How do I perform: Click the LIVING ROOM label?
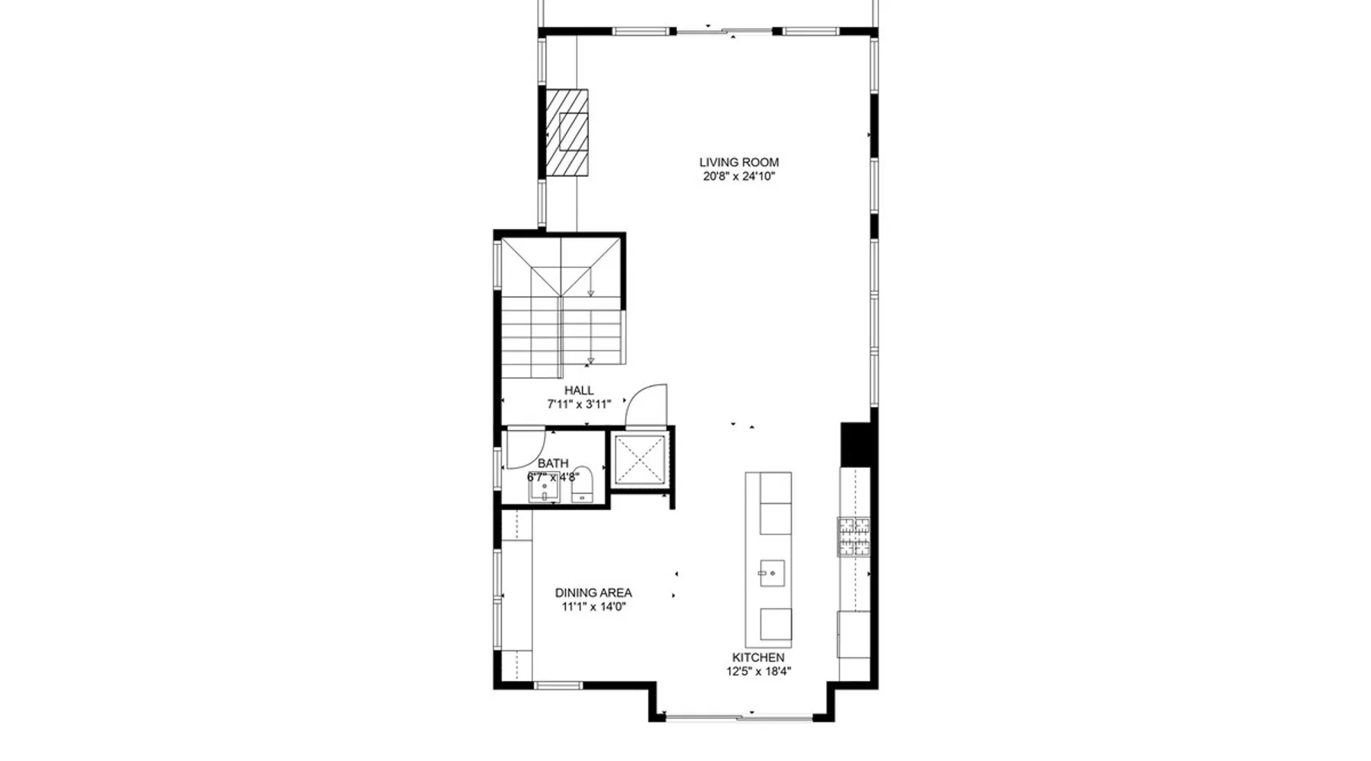pyautogui.click(x=739, y=162)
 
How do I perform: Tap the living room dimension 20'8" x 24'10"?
pyautogui.click(x=739, y=177)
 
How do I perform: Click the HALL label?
pyautogui.click(x=579, y=390)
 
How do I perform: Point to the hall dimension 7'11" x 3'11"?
pyautogui.click(x=579, y=405)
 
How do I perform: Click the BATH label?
pyautogui.click(x=553, y=463)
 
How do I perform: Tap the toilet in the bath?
pyautogui.click(x=582, y=485)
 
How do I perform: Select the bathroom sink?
pyautogui.click(x=544, y=491)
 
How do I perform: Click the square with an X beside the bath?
pyautogui.click(x=640, y=460)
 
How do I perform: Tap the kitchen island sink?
pyautogui.click(x=772, y=573)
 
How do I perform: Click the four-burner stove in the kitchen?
pyautogui.click(x=854, y=537)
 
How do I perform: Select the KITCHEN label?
pyautogui.click(x=758, y=658)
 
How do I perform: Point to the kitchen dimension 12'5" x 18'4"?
pyautogui.click(x=759, y=672)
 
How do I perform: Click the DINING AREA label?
pyautogui.click(x=593, y=593)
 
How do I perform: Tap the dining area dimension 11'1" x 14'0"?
pyautogui.click(x=593, y=607)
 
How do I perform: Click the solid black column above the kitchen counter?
pyautogui.click(x=855, y=444)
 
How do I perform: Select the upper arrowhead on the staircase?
pyautogui.click(x=590, y=293)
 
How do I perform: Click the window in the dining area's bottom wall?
pyautogui.click(x=558, y=686)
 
